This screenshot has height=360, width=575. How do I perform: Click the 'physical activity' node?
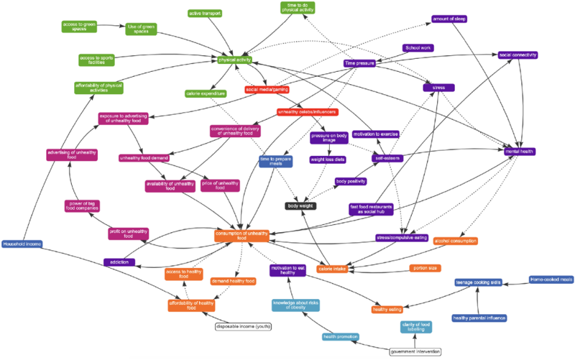235,60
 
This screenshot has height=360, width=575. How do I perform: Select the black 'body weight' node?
303,206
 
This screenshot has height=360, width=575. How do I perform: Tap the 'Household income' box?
22,244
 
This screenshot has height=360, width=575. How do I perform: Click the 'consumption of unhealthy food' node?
241,236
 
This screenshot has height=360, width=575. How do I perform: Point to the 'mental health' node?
520,152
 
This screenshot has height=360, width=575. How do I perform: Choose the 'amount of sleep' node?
449,19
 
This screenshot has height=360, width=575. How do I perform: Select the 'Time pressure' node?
360,63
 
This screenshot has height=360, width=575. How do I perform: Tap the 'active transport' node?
205,13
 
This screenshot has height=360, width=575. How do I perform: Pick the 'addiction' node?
119,262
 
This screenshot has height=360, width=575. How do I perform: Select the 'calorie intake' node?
332,269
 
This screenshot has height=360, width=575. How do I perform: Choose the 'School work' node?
418,48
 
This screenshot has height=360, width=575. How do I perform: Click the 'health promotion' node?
340,336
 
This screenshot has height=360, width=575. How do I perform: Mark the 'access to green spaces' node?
79,26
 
